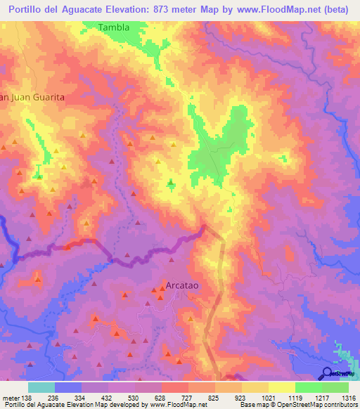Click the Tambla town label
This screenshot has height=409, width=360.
pyautogui.click(x=114, y=27)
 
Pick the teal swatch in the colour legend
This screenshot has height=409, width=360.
pyautogui.click(x=41, y=387)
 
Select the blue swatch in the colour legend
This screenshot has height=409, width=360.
pyautogui.click(x=68, y=387)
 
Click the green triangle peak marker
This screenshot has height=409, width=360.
pyautogui.click(x=171, y=183)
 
